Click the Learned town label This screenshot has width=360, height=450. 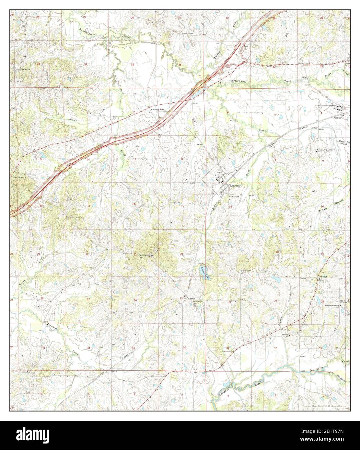(235, 186)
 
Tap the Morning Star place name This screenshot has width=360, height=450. (157, 109)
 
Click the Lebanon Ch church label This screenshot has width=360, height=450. (285, 335)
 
